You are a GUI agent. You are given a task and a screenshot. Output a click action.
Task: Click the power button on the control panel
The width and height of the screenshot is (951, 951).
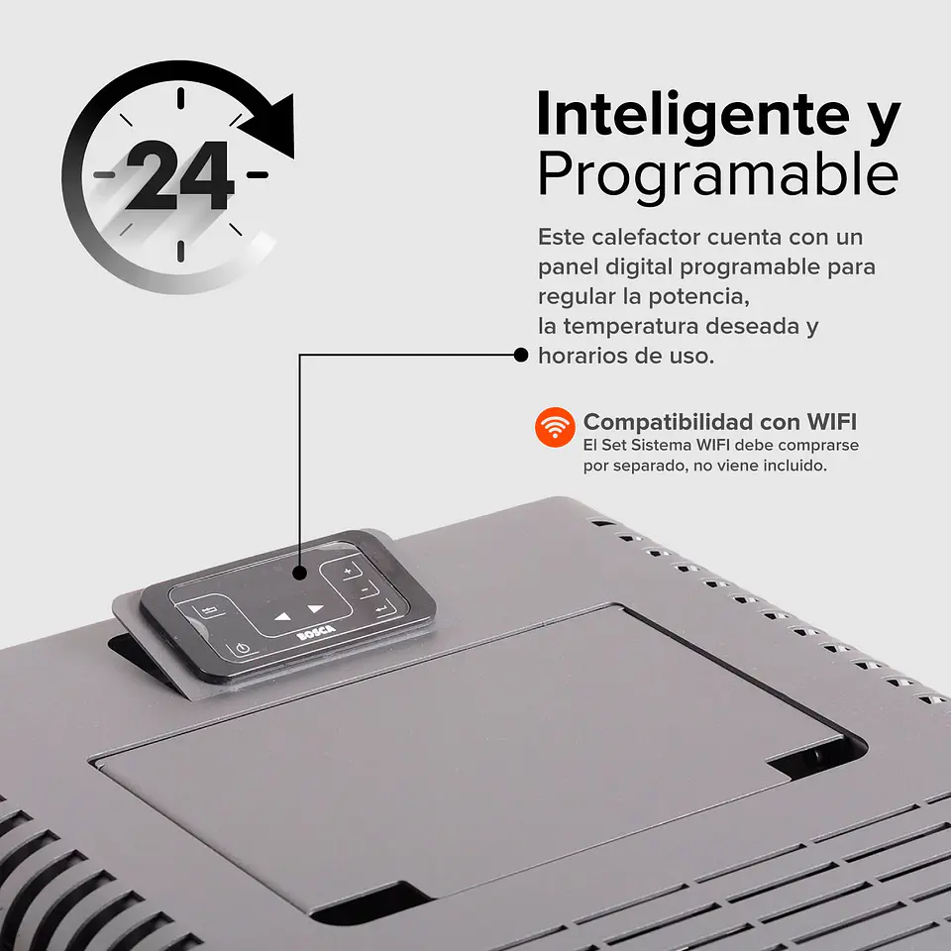243,649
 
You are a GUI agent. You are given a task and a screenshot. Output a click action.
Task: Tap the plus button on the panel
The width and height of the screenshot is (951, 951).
347,572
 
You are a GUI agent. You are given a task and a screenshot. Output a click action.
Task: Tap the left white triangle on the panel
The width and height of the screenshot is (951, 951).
283,616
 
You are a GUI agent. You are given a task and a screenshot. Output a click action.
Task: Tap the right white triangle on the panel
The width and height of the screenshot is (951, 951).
315,607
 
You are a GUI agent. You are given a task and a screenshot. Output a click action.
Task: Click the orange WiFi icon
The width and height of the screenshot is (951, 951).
555,427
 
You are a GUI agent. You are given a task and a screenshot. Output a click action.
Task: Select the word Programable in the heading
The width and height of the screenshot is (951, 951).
717,175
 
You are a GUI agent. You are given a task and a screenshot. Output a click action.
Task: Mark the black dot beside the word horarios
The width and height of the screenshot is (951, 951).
521,355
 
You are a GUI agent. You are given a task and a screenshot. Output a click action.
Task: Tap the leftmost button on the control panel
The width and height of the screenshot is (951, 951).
210,610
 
